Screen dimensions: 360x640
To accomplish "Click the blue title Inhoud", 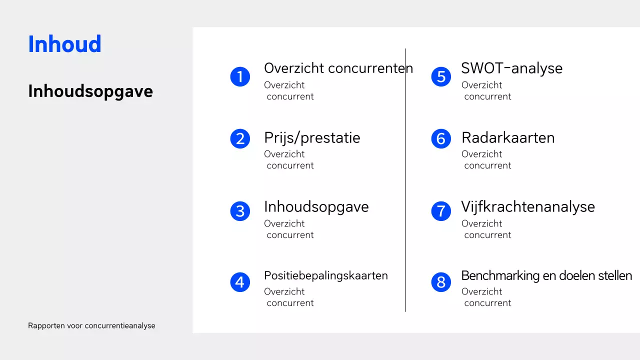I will [x=64, y=44].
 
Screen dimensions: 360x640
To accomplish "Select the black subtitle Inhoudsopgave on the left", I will [x=90, y=91].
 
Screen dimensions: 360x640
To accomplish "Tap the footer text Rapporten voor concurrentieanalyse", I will [x=91, y=325].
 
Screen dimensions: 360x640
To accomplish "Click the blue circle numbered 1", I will [x=240, y=76].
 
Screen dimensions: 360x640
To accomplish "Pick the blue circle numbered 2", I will [x=240, y=138].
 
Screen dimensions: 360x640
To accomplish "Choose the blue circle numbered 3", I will [x=240, y=211].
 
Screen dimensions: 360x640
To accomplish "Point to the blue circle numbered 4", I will [x=240, y=282].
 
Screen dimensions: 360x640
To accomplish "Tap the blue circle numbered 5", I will [x=441, y=76].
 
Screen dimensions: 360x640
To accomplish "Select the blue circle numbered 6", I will [x=441, y=138].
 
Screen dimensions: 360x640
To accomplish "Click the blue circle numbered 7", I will [x=441, y=211].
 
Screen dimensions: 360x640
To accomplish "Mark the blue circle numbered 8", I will [x=441, y=282].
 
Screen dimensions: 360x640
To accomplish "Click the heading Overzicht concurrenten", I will [x=338, y=68].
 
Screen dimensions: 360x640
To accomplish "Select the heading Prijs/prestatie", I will [x=312, y=137].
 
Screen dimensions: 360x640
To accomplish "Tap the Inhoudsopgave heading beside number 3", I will [x=316, y=206].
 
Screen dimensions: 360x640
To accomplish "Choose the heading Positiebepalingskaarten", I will [x=325, y=275].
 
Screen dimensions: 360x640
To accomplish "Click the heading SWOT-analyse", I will [x=511, y=68].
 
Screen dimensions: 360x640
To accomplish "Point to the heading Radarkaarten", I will [x=508, y=137].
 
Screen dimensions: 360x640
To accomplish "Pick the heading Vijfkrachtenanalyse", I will [x=528, y=206].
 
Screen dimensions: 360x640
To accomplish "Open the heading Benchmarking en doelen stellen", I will [x=546, y=275].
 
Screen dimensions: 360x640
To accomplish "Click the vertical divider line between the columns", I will [x=405, y=180].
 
